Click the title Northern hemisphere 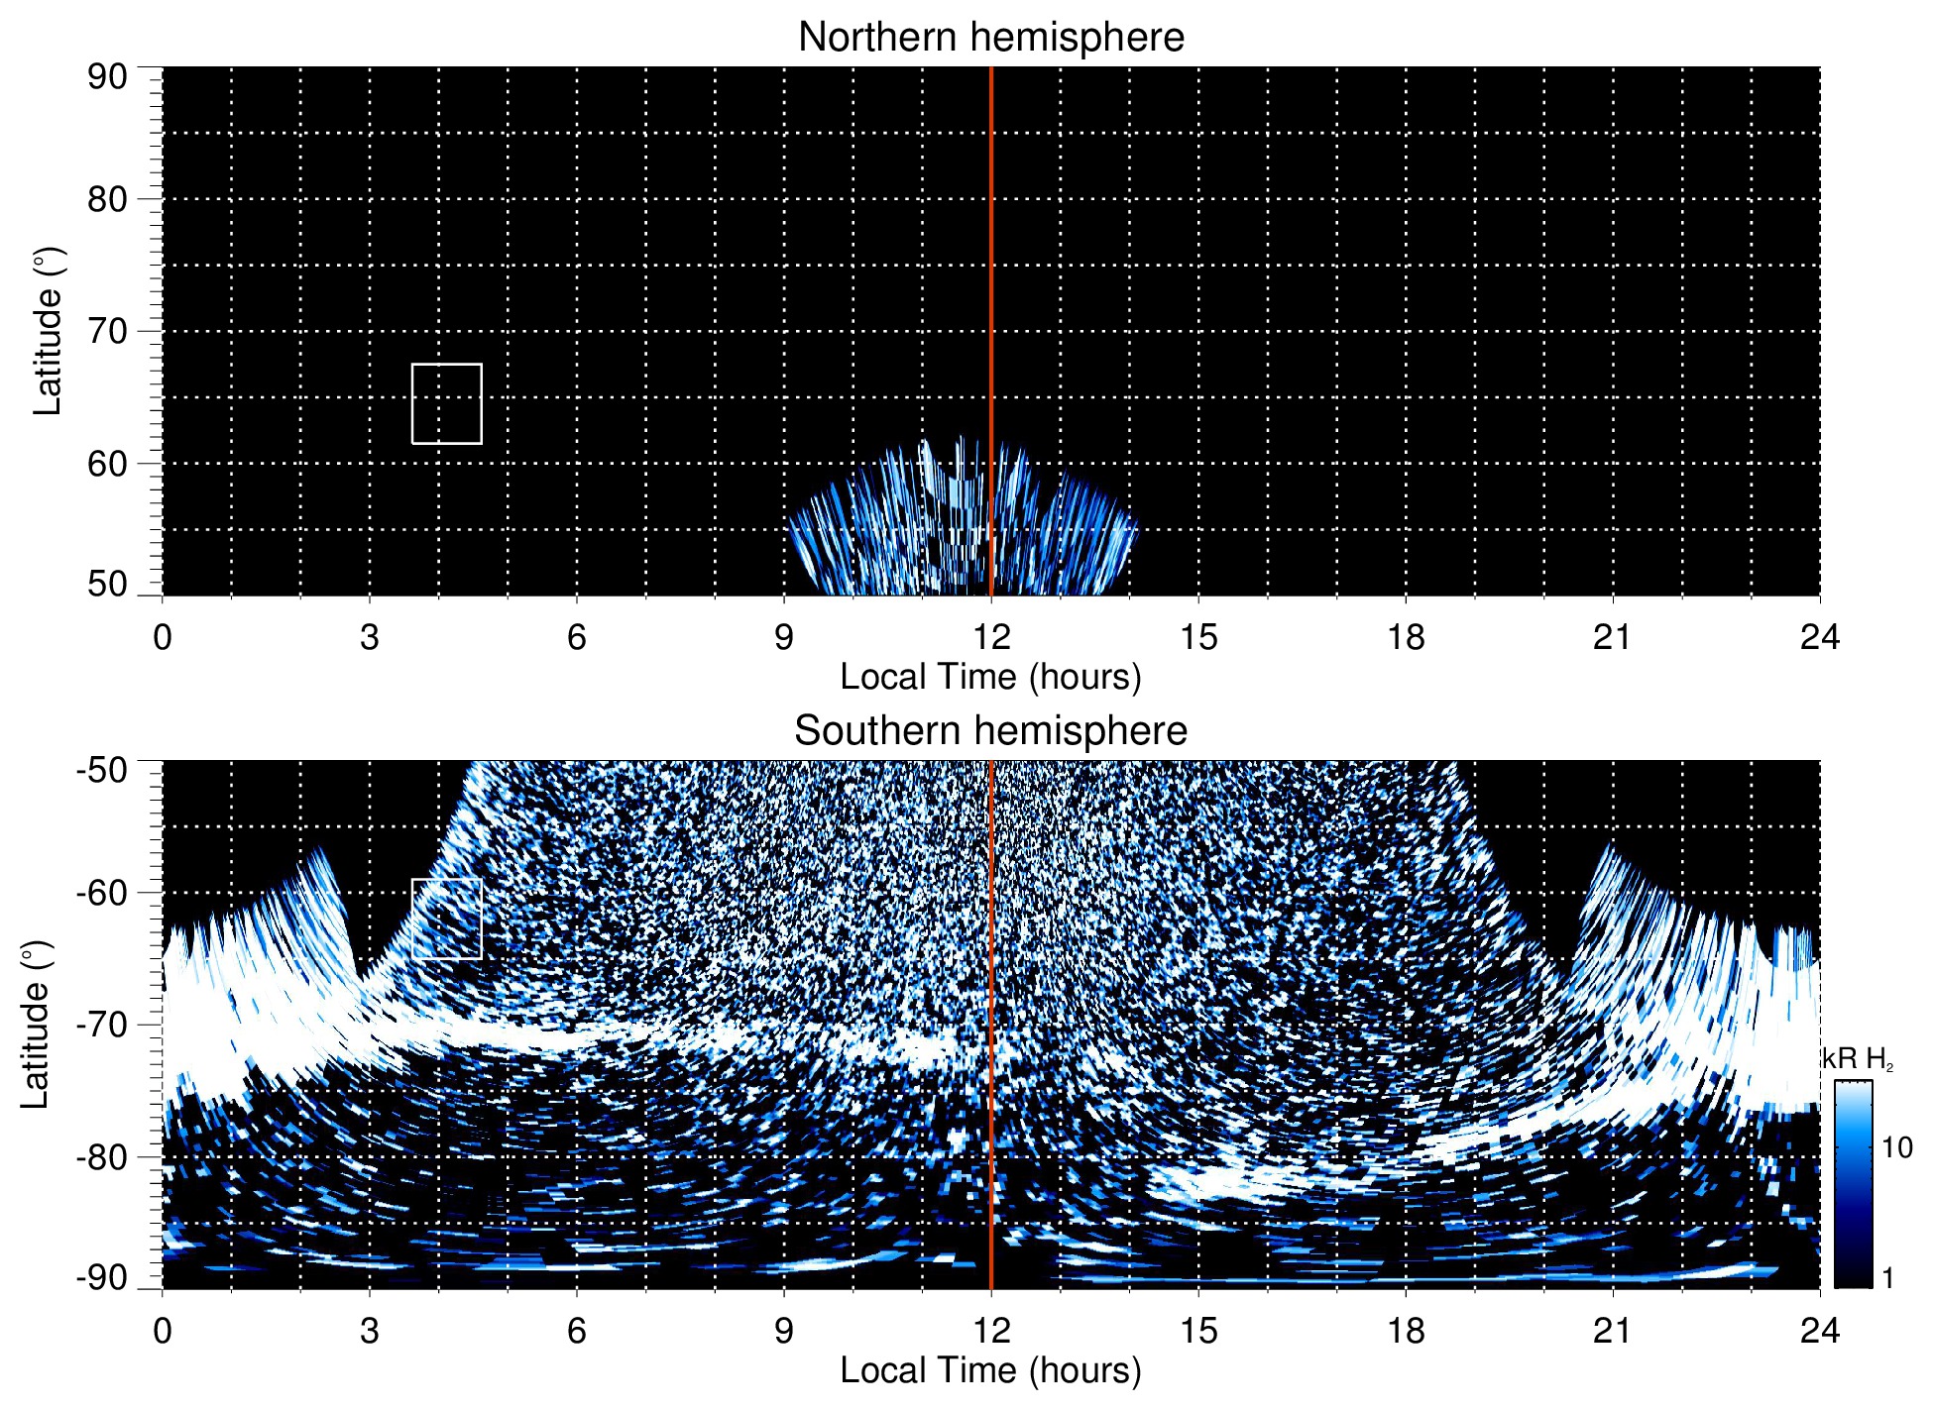[x=990, y=38]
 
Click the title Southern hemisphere [x=990, y=731]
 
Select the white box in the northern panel [x=447, y=404]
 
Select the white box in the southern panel [x=447, y=919]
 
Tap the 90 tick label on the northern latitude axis [x=107, y=77]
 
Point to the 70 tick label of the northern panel [x=107, y=331]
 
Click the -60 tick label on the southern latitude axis [x=102, y=893]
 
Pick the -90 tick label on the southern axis [x=102, y=1278]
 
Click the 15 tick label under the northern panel [x=1198, y=637]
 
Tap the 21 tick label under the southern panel [x=1613, y=1331]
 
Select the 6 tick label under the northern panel [x=577, y=637]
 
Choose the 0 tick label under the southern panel [x=163, y=1331]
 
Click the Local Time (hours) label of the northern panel [x=990, y=677]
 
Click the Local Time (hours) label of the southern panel [x=990, y=1370]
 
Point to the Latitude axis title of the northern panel [x=48, y=331]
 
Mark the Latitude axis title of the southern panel [x=36, y=1025]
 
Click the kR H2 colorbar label [x=1858, y=1059]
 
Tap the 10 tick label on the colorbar [x=1897, y=1147]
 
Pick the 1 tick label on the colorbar [x=1887, y=1278]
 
